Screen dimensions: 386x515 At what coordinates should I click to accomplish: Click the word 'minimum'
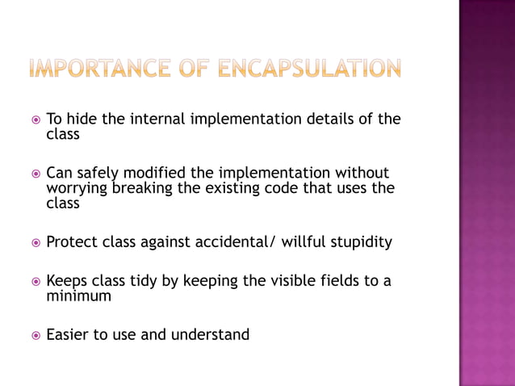[x=79, y=296]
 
